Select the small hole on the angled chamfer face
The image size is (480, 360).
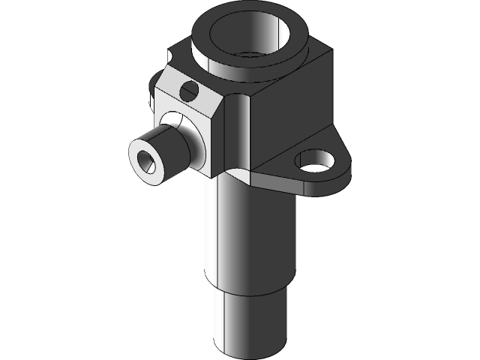(x=189, y=92)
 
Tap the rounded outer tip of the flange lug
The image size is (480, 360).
(x=344, y=172)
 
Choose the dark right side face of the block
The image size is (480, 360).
(x=292, y=112)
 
